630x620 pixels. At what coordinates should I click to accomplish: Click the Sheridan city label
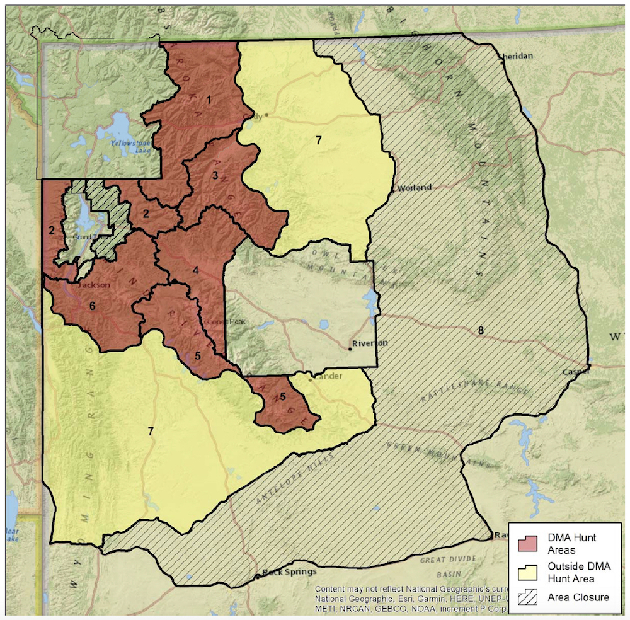click(x=517, y=56)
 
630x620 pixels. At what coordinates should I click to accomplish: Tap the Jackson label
click(x=94, y=285)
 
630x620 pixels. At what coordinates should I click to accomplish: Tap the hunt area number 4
click(x=196, y=270)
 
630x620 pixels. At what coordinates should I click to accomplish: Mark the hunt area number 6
click(x=92, y=306)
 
